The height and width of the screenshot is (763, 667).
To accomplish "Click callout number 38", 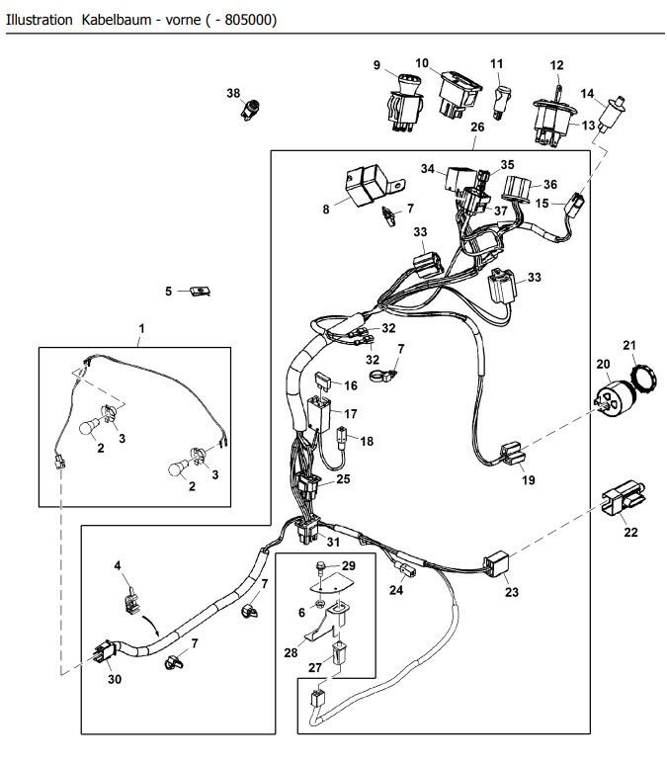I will [233, 94].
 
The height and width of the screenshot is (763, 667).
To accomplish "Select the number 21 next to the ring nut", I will [629, 344].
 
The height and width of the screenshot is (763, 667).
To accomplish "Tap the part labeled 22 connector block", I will [623, 496].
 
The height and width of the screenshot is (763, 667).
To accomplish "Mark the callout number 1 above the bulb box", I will [141, 326].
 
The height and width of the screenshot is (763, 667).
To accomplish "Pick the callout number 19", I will [529, 481].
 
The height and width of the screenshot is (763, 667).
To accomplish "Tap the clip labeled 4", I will [127, 594].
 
